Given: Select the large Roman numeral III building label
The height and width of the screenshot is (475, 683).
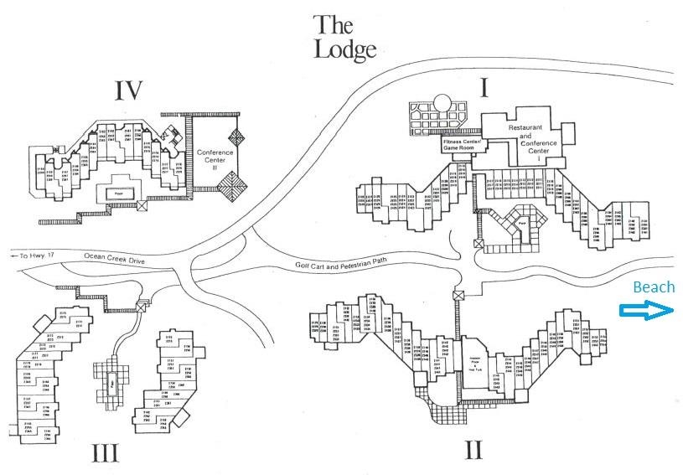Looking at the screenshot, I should click(106, 453).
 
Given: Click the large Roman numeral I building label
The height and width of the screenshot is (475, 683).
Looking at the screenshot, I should click(484, 88).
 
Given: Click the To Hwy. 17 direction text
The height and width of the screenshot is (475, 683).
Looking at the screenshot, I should click(28, 255).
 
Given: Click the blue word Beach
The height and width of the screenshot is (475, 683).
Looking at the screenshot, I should click(653, 287).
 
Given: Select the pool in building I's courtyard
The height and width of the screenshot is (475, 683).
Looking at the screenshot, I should click(521, 224).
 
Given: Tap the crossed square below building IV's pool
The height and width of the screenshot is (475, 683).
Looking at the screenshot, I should click(142, 204).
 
